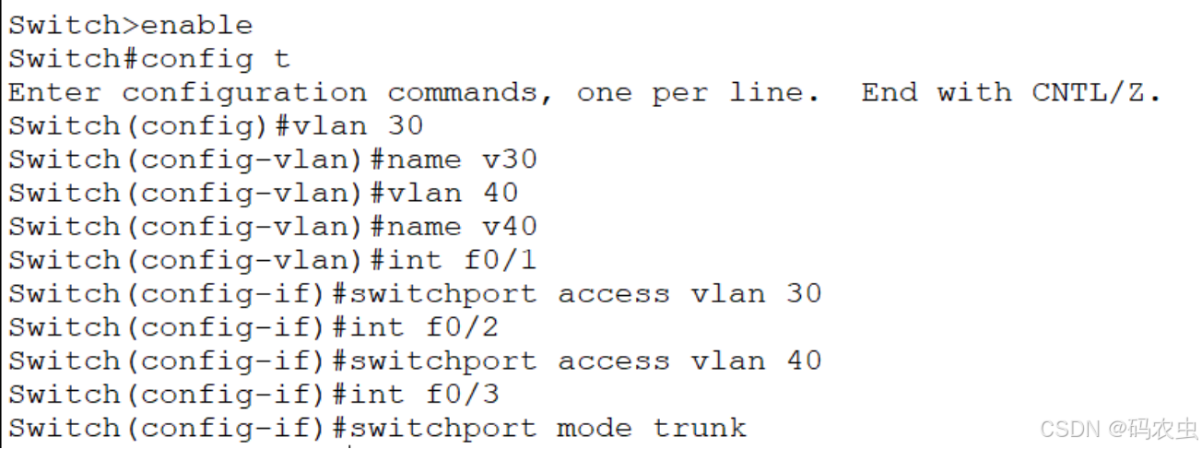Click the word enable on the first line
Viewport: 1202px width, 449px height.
coord(196,26)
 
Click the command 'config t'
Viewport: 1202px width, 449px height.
coord(215,60)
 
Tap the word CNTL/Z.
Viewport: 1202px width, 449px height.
coord(1096,93)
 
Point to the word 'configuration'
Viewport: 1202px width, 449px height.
coord(243,93)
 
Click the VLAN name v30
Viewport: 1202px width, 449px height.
coord(509,160)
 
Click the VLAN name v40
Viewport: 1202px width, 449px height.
coord(509,227)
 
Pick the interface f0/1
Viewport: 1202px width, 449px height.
coord(500,261)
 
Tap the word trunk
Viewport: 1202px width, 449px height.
coord(700,429)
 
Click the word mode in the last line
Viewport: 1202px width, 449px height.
coord(595,429)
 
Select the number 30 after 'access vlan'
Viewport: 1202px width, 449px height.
coord(803,294)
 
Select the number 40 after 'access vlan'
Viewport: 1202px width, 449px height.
coord(803,361)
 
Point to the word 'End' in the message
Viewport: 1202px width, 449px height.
coord(890,93)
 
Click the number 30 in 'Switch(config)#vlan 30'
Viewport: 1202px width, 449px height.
coord(405,126)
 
